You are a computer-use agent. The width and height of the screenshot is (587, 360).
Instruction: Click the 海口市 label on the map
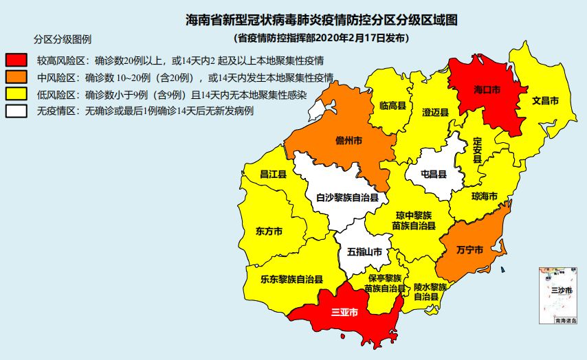click(487, 90)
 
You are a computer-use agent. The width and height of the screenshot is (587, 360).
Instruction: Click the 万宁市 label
click(470, 248)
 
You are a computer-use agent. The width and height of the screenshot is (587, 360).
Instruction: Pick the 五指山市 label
click(365, 252)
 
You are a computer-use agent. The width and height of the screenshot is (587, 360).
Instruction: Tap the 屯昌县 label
click(433, 175)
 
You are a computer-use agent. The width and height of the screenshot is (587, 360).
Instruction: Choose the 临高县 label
click(392, 106)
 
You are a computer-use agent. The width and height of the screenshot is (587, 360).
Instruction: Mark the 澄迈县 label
click(435, 112)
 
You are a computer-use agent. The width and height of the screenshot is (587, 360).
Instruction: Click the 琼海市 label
click(485, 196)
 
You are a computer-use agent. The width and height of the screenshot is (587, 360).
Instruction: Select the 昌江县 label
click(273, 175)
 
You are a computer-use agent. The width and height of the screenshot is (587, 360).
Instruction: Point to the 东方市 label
click(268, 231)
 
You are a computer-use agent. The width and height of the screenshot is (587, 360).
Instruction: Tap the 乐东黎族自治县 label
click(292, 280)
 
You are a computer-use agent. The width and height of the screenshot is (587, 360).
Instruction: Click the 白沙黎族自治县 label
click(347, 198)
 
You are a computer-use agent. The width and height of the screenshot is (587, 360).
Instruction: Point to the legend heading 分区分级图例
click(63, 38)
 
